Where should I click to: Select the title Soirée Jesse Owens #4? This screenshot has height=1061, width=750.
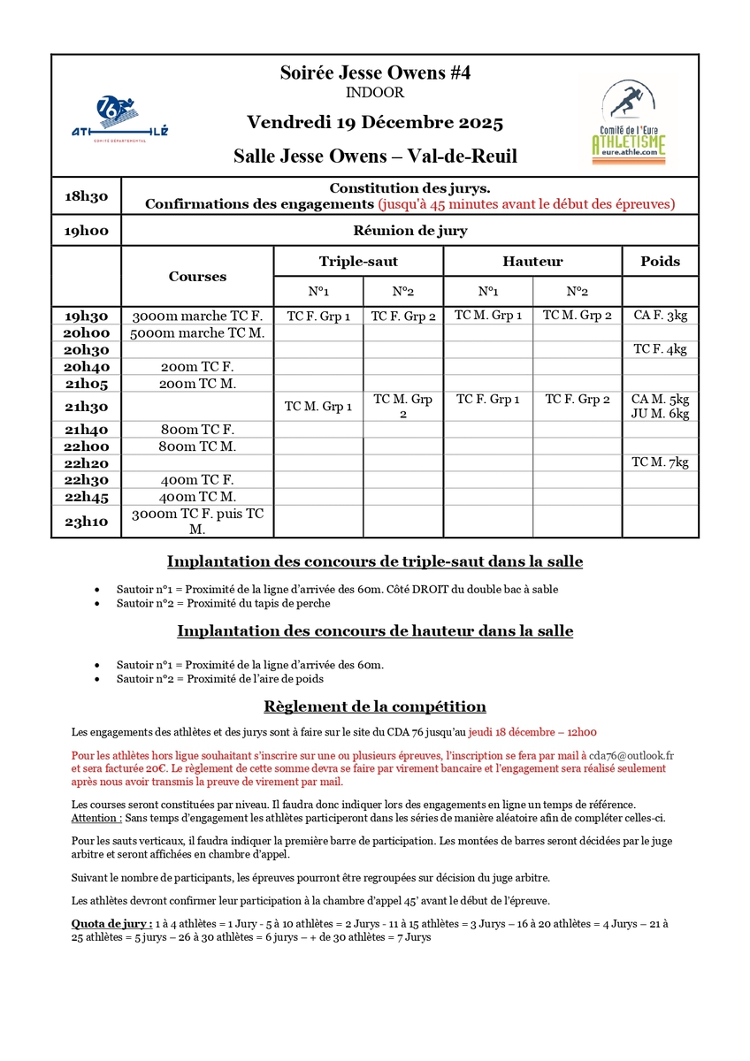(374, 73)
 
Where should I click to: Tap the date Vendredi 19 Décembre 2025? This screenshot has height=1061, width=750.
(375, 122)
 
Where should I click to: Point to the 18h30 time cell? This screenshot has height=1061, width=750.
(86, 196)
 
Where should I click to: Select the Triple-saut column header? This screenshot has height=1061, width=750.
(358, 262)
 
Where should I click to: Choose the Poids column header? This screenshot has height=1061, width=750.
(660, 262)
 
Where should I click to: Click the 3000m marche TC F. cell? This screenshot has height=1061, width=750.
(197, 316)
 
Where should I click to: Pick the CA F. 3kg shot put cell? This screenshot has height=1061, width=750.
(660, 315)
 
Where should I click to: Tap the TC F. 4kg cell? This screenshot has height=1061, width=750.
(660, 349)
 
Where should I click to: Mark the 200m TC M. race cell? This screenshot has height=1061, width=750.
(197, 384)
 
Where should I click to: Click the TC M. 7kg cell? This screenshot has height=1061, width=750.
(660, 462)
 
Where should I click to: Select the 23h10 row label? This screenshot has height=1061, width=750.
(86, 522)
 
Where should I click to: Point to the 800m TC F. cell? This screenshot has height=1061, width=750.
(197, 429)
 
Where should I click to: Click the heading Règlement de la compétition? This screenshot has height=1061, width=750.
(375, 706)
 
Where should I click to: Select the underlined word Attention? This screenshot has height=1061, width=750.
(95, 818)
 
